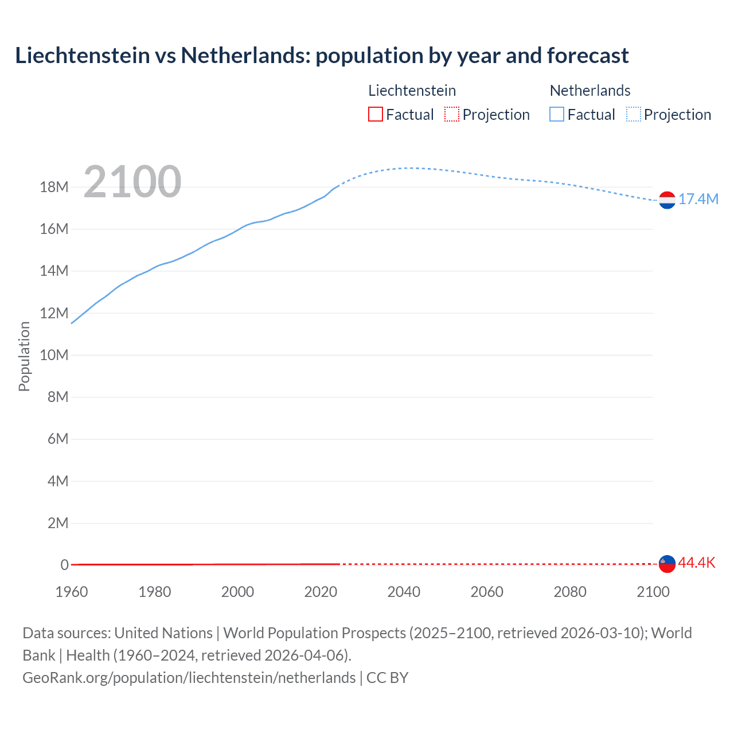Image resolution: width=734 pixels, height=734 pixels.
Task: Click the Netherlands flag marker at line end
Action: (667, 200)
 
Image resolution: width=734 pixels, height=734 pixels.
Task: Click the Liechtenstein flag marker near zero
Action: (667, 564)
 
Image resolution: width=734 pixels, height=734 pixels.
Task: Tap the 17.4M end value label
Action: (698, 199)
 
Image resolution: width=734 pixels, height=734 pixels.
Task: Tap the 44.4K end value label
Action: (697, 563)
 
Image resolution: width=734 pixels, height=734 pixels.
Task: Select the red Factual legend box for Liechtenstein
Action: (375, 114)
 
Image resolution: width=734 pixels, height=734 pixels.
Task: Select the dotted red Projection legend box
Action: (452, 114)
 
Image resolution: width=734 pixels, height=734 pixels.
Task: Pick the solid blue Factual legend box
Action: (556, 114)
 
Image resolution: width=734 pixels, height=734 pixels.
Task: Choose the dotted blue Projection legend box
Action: (633, 114)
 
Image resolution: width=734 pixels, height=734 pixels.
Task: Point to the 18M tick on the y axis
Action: (54, 187)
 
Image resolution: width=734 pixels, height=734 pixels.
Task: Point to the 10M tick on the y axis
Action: (54, 355)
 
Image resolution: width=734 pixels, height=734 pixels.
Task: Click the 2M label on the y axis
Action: (58, 523)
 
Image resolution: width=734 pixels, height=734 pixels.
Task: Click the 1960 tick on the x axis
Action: (72, 592)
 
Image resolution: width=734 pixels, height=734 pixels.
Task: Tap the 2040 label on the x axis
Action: (404, 592)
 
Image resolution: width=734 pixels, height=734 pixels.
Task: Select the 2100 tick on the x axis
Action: (653, 592)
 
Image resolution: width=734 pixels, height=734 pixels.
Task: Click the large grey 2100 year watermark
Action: (132, 182)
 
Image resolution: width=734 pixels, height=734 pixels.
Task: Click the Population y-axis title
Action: (24, 356)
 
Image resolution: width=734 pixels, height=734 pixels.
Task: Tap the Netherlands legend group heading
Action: (590, 91)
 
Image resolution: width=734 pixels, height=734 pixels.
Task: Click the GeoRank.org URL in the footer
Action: (189, 678)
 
